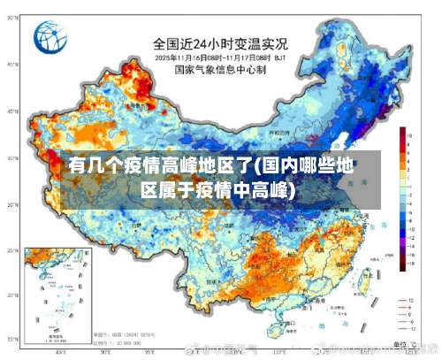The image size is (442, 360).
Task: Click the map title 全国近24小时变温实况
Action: (219, 42)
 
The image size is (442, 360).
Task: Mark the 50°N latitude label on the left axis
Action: (11, 65)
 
